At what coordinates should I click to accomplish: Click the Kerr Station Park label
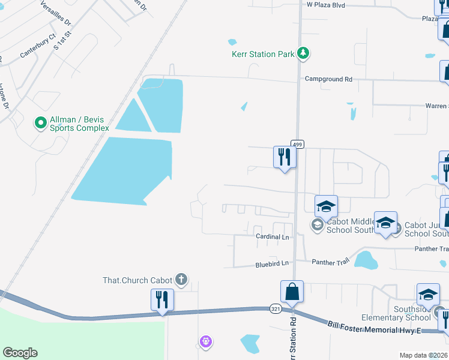coord(263,54)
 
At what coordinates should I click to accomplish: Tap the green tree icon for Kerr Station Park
coord(304,54)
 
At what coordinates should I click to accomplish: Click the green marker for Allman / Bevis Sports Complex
coord(41,123)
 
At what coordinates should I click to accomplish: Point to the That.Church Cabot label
coord(137,280)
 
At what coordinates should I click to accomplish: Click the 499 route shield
coord(298,144)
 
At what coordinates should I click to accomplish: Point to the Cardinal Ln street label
coord(272,237)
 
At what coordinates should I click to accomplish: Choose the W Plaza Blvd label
coord(326,5)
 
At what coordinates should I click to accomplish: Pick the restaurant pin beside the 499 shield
coord(284,158)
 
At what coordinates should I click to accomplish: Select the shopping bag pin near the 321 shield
coord(292,292)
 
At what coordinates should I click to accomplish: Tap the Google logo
coord(20,353)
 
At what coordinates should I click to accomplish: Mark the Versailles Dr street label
coord(55,13)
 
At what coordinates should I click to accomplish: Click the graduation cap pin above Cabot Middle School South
coord(326,206)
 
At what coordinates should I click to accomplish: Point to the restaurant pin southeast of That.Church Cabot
coord(162,300)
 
